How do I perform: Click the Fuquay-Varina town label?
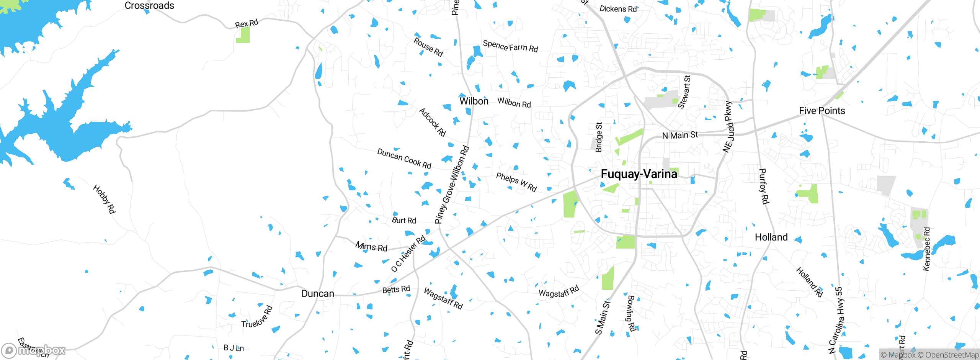[x=639, y=174]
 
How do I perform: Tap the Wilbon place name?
[x=474, y=101]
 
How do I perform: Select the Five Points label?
[x=822, y=111]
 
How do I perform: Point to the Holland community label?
[x=771, y=237]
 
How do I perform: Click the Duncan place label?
[x=318, y=294]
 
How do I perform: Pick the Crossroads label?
[x=149, y=5]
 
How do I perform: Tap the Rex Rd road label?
[x=247, y=23]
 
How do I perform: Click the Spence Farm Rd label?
[x=510, y=46]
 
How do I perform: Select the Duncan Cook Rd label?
[x=404, y=159]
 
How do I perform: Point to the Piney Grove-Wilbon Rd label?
[x=452, y=185]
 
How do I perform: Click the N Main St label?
[x=680, y=135]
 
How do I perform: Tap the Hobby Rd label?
[x=104, y=199]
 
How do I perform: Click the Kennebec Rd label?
[x=926, y=249]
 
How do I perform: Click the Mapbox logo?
[x=34, y=350]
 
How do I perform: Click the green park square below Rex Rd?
[x=243, y=35]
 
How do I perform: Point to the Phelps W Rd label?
[x=516, y=182]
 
